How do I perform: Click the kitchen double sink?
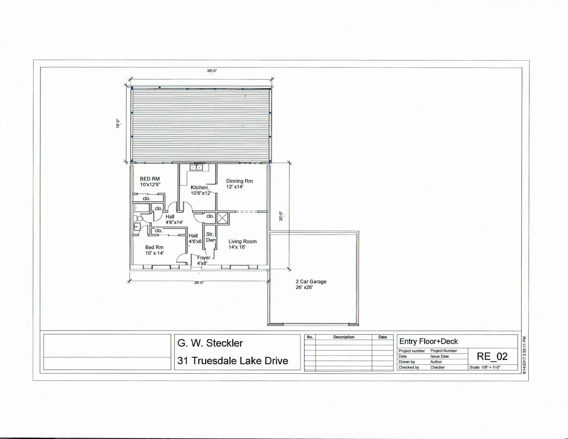coord(196,167)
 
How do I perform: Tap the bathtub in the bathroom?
coord(141,208)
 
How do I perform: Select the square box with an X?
coord(222,218)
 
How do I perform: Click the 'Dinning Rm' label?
coord(239,181)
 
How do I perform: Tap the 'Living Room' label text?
coord(242,241)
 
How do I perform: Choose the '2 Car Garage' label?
coord(311,281)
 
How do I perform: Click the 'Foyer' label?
coord(203,257)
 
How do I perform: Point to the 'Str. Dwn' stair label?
coord(211,237)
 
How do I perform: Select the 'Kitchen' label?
coord(199,187)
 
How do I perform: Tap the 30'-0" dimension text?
coord(281,216)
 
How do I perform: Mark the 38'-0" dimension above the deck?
coord(212,71)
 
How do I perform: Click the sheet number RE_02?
coord(492,356)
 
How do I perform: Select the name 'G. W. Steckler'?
coord(210,343)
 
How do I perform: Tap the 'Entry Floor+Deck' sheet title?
coord(429,341)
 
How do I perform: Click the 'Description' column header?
coord(344,337)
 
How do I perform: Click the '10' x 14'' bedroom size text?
coord(154,253)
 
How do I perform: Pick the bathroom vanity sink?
coord(137,227)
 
